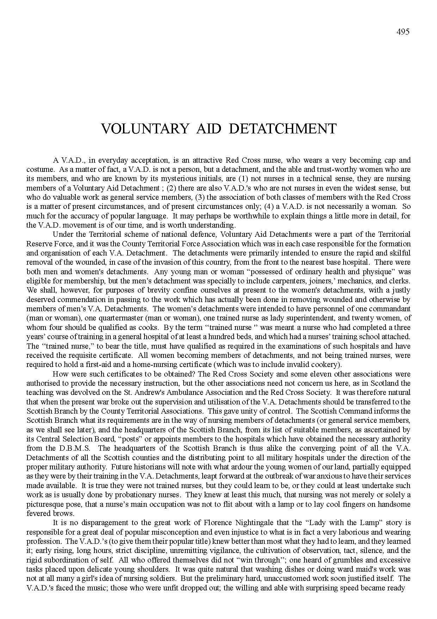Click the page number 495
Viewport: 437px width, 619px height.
point(403,32)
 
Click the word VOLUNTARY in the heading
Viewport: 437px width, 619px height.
point(145,129)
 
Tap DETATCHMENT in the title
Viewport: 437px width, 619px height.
point(282,129)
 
